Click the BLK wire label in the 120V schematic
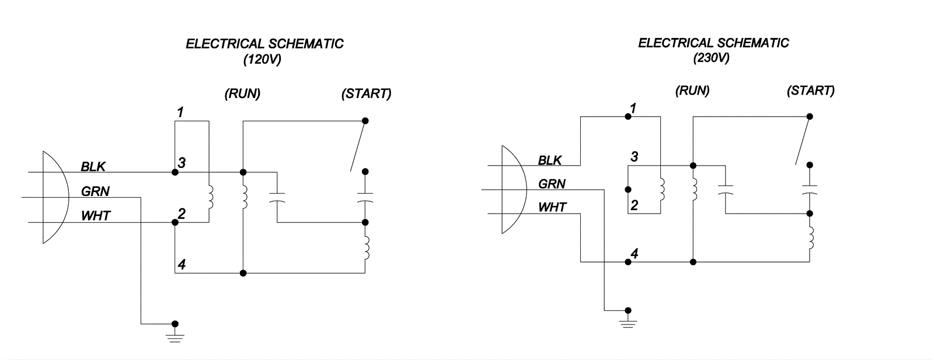pyautogui.click(x=93, y=167)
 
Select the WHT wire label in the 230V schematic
pyautogui.click(x=552, y=207)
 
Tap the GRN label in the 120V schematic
pyautogui.click(x=95, y=191)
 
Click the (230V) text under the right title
pyautogui.click(x=711, y=58)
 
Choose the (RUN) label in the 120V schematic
pyautogui.click(x=242, y=94)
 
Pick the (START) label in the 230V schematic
pyautogui.click(x=810, y=91)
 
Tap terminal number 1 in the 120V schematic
pyautogui.click(x=180, y=112)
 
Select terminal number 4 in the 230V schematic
pyautogui.click(x=635, y=254)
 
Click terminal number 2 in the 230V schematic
pyautogui.click(x=634, y=205)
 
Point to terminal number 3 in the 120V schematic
pyautogui.click(x=182, y=163)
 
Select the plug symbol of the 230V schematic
pyautogui.click(x=513, y=190)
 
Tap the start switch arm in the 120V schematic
pyautogui.click(x=358, y=146)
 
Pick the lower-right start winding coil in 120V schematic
pyautogui.click(x=366, y=247)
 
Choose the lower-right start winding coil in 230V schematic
pyautogui.click(x=811, y=237)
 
